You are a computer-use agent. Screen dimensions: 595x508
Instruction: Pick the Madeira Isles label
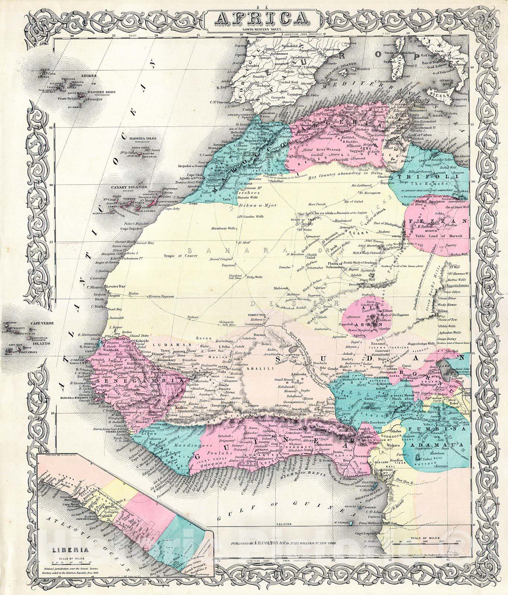(x=143, y=139)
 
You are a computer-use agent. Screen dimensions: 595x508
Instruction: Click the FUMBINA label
(x=426, y=430)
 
